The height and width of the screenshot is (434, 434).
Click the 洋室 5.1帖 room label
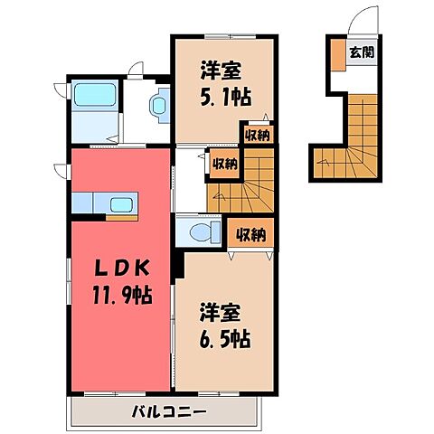tap(222, 82)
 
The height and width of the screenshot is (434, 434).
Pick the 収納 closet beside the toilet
tap(251, 235)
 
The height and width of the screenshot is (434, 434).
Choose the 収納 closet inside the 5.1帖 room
tap(257, 136)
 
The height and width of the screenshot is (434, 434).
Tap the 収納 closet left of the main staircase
tap(225, 164)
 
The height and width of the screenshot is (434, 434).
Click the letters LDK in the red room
tap(118, 269)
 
